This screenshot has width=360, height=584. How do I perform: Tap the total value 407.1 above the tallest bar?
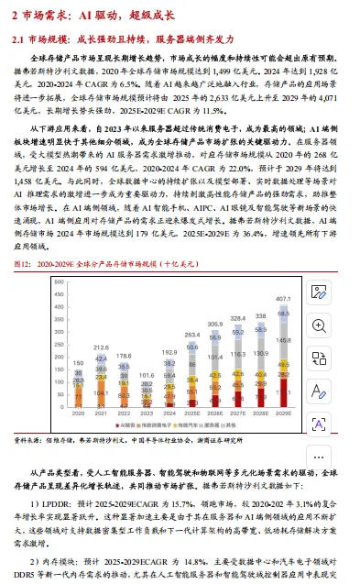coord(283,299)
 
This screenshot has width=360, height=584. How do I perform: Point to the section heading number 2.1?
coord(17,40)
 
